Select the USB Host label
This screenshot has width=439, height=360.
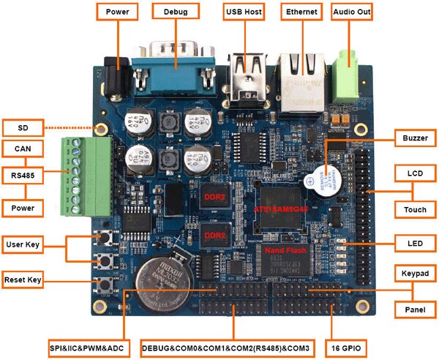tap(244, 12)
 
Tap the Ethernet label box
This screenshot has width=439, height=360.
tap(301, 12)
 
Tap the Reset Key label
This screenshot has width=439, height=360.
tap(23, 280)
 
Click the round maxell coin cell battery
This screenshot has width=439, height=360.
tap(165, 279)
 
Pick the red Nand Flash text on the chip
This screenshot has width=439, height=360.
tap(289, 250)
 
